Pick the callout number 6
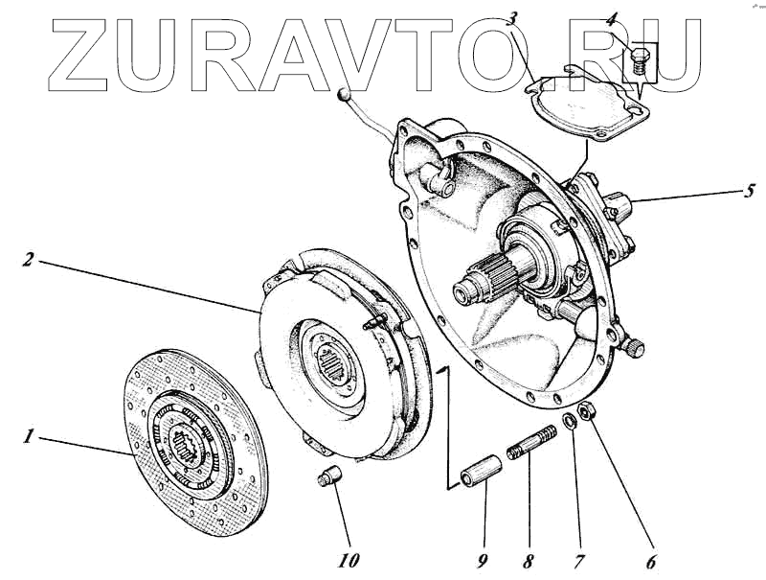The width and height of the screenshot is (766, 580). (652, 563)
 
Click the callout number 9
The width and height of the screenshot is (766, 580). (484, 561)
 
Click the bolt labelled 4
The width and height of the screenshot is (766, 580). (639, 61)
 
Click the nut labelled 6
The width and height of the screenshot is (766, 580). (591, 413)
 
